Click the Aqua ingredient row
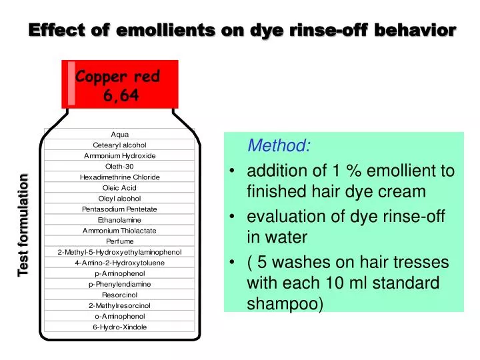tap(120, 134)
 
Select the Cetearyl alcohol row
tap(120, 145)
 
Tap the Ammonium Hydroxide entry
tap(120, 155)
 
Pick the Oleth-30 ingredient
tap(120, 166)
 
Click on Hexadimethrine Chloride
tap(120, 177)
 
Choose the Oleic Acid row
tap(120, 188)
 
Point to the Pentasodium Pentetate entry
tap(120, 209)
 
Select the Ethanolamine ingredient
tap(120, 220)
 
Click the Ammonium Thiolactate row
tap(120, 231)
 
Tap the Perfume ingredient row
tap(120, 241)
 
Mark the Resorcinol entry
tap(120, 295)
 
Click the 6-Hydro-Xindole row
tap(120, 327)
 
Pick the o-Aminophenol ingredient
tap(120, 316)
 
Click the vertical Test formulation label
tap(23, 224)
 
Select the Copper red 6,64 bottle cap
tap(121, 85)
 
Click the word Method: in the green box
tap(279, 145)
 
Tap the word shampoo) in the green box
tap(285, 304)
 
